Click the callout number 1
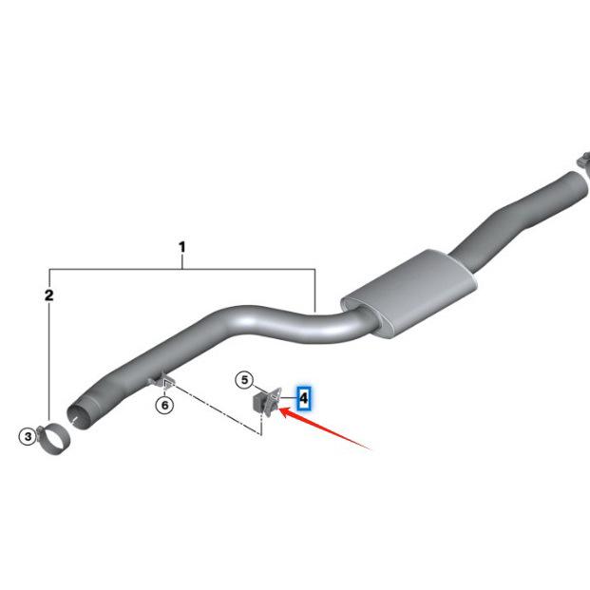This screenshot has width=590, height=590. click(x=181, y=249)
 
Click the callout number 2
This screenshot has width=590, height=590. click(x=49, y=296)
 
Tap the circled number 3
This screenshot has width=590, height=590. click(x=29, y=436)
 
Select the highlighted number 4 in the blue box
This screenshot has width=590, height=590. click(x=304, y=396)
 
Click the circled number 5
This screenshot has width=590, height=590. click(x=244, y=381)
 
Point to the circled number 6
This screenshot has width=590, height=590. click(x=165, y=406)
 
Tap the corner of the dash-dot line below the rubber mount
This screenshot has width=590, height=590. click(x=259, y=435)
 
